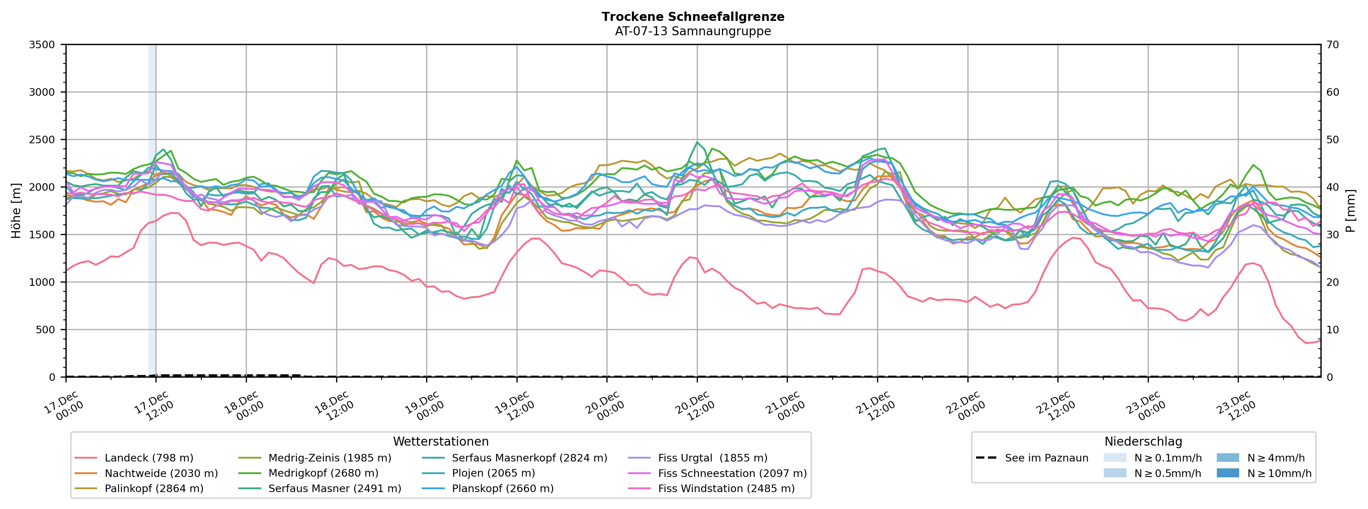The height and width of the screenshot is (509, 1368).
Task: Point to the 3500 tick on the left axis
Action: (x=42, y=45)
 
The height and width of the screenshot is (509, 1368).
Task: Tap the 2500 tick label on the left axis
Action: (x=42, y=140)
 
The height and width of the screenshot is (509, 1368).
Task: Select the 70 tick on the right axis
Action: (x=1332, y=45)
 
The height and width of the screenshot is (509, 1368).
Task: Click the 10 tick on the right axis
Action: (x=1332, y=329)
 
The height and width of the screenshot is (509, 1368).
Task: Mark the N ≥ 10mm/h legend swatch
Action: (x=1228, y=473)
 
